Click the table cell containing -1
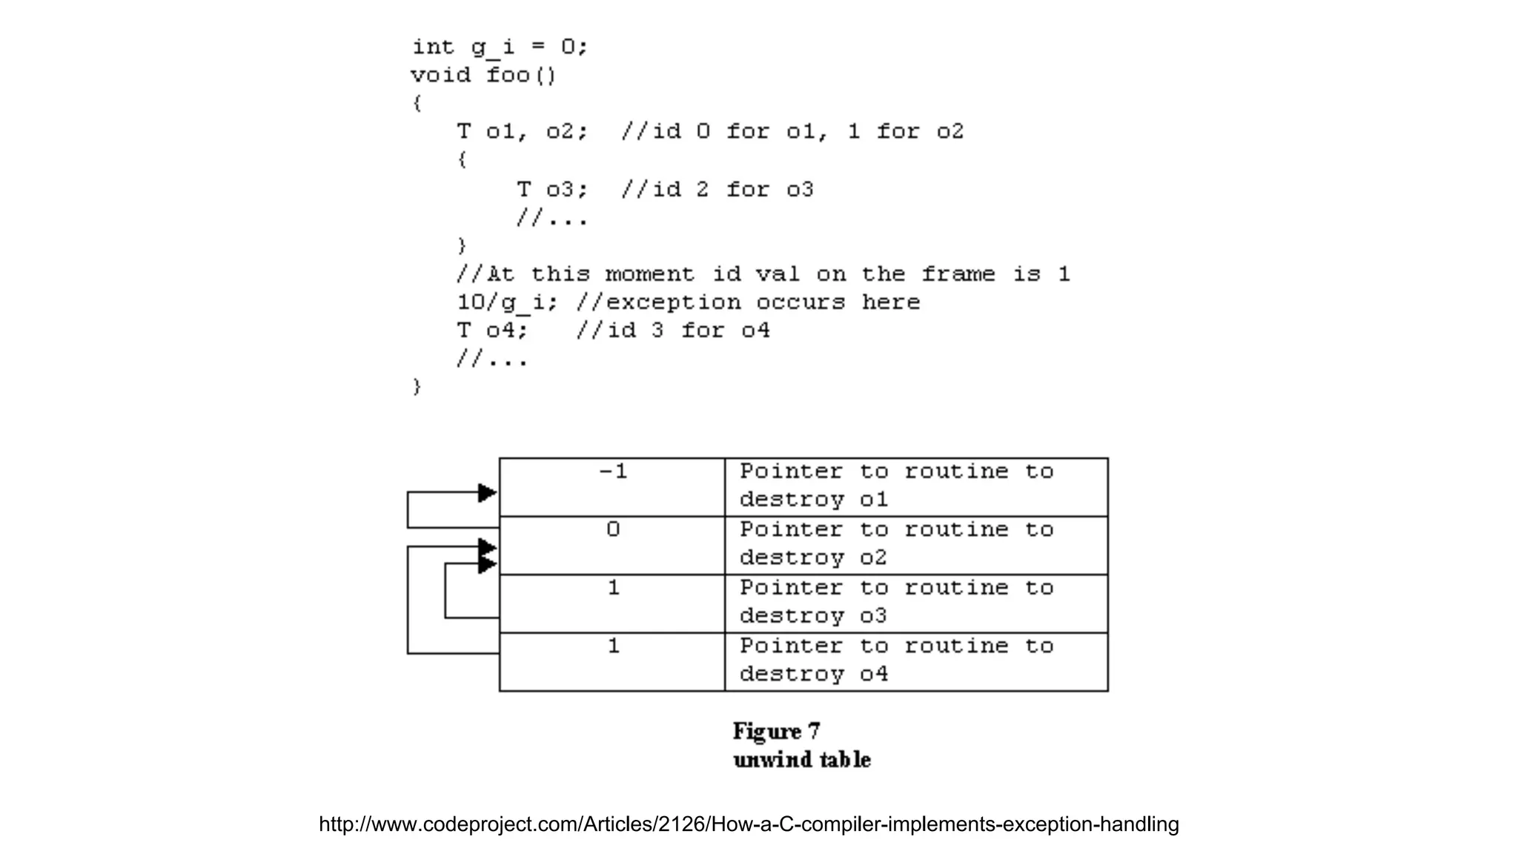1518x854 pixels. tap(612, 487)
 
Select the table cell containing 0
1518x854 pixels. tap(612, 545)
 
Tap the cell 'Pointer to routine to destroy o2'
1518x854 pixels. tap(916, 545)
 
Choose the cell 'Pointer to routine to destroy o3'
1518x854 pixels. tap(916, 603)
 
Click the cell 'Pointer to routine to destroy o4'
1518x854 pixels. tap(916, 661)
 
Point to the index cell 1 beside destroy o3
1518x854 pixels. tap(612, 603)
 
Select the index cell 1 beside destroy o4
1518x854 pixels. tap(612, 661)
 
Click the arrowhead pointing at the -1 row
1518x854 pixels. tap(488, 493)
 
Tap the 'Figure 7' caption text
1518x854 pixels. tap(776, 732)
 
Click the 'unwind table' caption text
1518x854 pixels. tap(801, 760)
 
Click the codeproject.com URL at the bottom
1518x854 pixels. tap(749, 824)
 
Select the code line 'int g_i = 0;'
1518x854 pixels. tap(500, 47)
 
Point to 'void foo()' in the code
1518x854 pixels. tap(483, 76)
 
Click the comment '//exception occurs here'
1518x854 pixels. tap(748, 302)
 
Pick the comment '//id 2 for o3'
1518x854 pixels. tap(717, 190)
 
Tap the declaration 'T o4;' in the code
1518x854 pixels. tap(492, 331)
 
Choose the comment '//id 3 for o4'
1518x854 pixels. tap(673, 331)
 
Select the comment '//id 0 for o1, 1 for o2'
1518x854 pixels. tap(792, 132)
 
